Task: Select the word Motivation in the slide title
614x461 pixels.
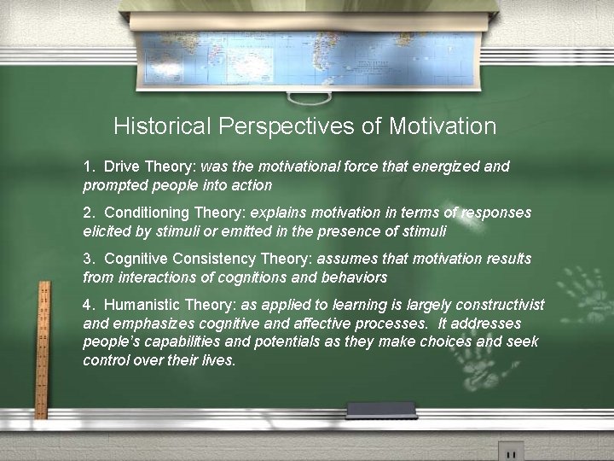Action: tap(442, 127)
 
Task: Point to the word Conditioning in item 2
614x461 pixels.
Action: tap(150, 213)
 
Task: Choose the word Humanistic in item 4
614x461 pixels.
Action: tap(146, 305)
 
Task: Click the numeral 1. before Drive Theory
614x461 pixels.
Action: tap(89, 166)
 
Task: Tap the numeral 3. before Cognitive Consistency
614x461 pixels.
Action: tap(89, 259)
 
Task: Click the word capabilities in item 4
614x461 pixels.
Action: tap(170, 341)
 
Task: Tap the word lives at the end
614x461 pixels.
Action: tap(218, 359)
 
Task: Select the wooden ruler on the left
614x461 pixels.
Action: tap(42, 350)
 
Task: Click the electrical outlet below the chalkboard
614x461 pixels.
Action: tap(511, 451)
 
